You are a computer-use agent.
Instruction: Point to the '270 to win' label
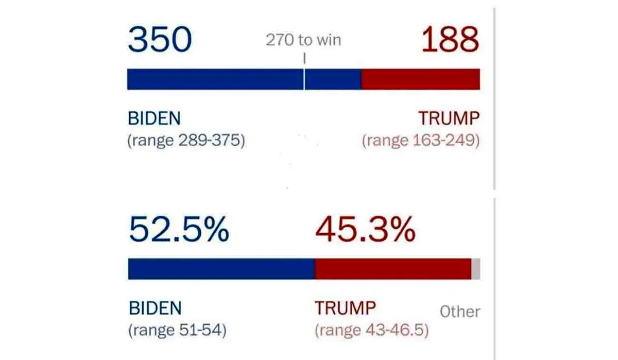tap(303, 40)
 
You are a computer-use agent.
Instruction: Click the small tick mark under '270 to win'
tap(304, 59)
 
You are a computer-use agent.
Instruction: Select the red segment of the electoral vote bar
tap(420, 79)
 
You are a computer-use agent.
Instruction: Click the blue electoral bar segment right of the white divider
tap(333, 79)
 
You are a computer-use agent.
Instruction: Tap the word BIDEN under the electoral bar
tap(154, 118)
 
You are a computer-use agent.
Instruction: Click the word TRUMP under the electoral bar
tap(449, 118)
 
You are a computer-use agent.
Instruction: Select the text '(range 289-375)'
tap(186, 140)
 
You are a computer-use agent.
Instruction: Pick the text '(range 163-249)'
tap(421, 140)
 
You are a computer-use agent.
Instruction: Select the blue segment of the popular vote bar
tap(221, 269)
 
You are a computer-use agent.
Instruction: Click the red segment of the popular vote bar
tap(392, 269)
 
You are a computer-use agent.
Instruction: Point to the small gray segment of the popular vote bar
tap(476, 269)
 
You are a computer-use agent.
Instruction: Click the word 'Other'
tap(460, 312)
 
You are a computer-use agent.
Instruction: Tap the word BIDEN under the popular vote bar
tap(155, 308)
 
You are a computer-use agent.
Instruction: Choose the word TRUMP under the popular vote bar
tap(345, 308)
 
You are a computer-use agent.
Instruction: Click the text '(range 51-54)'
tap(177, 330)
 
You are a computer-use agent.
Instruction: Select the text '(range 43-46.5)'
tap(371, 330)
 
